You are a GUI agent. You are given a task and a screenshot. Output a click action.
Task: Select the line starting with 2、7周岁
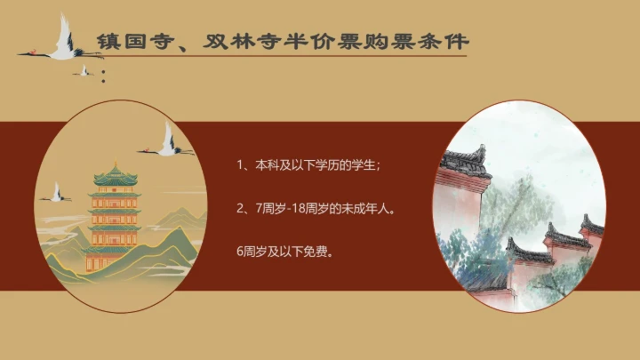[315, 209]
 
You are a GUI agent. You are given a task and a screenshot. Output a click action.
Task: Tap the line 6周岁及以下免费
[284, 251]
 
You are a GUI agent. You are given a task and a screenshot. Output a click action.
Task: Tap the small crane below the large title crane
[85, 69]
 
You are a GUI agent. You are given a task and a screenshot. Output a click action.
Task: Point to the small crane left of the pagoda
[57, 192]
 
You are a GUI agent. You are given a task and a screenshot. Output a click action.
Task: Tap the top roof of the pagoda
[115, 169]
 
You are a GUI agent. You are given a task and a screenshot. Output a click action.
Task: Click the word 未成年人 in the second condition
[368, 209]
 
